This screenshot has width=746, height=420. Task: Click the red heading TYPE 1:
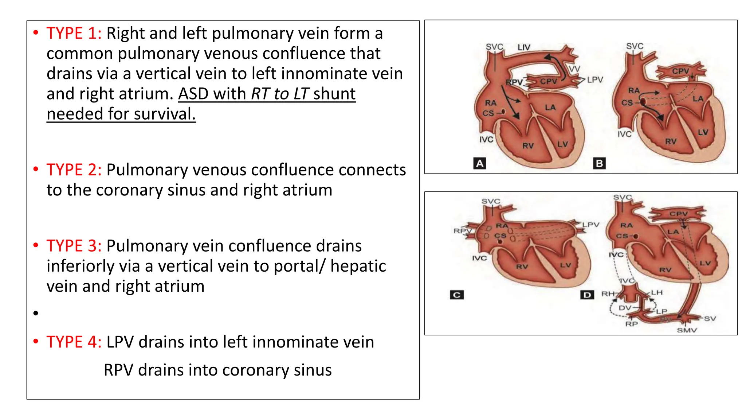[74, 34]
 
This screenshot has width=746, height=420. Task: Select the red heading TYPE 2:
[74, 170]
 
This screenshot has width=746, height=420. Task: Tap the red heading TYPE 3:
[74, 246]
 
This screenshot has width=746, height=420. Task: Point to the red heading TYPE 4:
[74, 342]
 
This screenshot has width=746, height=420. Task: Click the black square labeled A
[480, 163]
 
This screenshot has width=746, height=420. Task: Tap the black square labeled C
[457, 295]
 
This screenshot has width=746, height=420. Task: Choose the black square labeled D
[587, 295]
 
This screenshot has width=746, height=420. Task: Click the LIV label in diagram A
[524, 47]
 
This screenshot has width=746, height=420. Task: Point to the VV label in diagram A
[574, 69]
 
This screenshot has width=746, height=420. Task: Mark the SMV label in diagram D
[687, 330]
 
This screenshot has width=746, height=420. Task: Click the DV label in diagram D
[625, 308]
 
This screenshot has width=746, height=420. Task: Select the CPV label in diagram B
[680, 71]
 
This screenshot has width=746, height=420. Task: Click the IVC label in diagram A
[486, 140]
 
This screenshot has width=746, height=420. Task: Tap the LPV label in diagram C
[590, 225]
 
